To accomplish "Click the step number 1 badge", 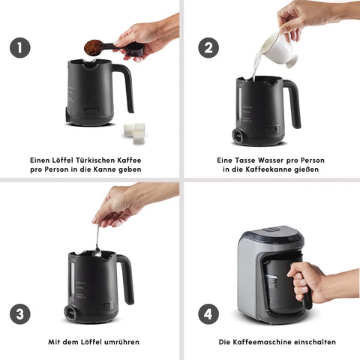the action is pyautogui.click(x=20, y=48).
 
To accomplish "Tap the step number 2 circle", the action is pyautogui.click(x=208, y=48).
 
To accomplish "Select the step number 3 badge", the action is pyautogui.click(x=20, y=314).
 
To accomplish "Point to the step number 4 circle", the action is pyautogui.click(x=208, y=314).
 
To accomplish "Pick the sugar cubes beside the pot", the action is pyautogui.click(x=134, y=133).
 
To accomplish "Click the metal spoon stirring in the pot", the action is pyautogui.click(x=97, y=241).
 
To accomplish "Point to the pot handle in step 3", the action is pyautogui.click(x=126, y=277).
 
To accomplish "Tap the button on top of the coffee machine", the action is pyautogui.click(x=271, y=229).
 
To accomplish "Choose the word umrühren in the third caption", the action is pyautogui.click(x=121, y=342).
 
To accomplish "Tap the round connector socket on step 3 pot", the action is pyautogui.click(x=70, y=313).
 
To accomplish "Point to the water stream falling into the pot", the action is pyautogui.click(x=256, y=66).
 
